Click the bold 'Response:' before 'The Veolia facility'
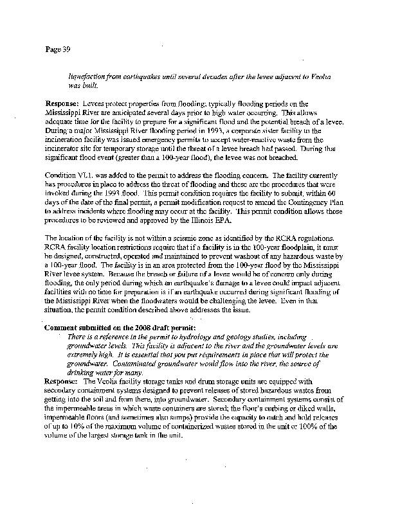(62, 380)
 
